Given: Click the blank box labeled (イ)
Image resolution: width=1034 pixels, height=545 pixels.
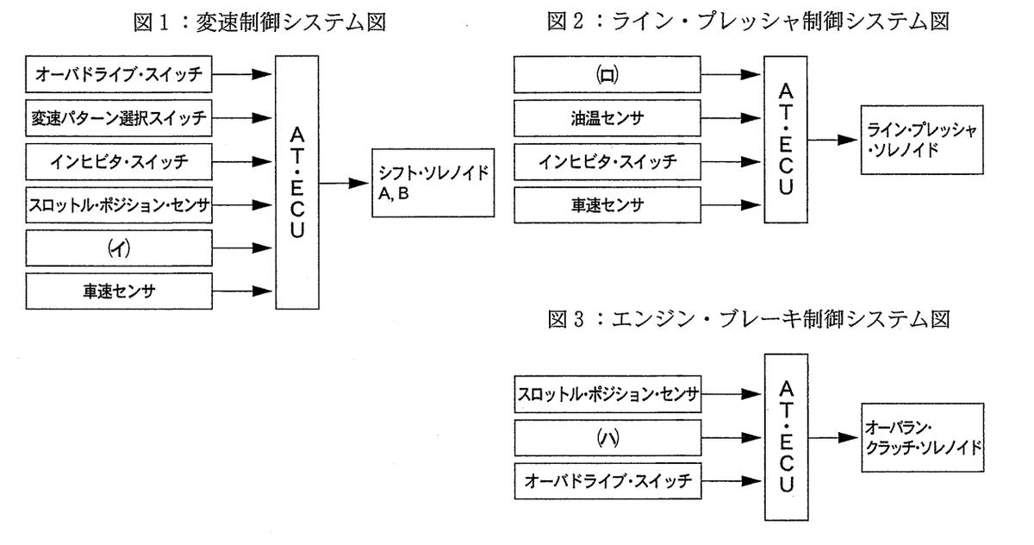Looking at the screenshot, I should [x=118, y=247].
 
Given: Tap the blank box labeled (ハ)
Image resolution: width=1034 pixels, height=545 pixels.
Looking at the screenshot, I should [x=607, y=438].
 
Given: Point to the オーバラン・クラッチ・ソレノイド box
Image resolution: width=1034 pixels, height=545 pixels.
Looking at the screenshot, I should [x=919, y=438].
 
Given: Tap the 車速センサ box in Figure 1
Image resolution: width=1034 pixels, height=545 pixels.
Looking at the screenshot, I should [x=118, y=291].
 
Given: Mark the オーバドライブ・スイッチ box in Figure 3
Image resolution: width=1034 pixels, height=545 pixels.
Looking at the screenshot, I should [x=607, y=481].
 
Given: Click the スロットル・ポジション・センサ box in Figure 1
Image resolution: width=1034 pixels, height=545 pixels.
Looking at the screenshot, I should [x=118, y=204].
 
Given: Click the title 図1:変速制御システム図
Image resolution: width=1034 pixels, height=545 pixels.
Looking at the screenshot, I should [x=259, y=22].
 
